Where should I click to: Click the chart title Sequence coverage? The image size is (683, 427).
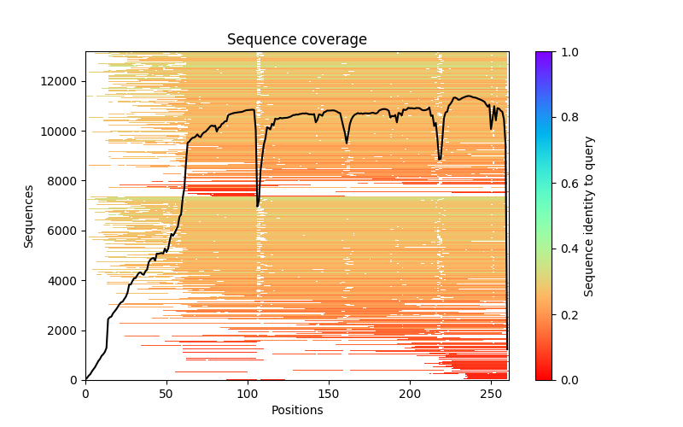pos(296,40)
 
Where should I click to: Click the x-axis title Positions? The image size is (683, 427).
pos(296,410)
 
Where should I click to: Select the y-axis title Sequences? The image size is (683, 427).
pos(29,216)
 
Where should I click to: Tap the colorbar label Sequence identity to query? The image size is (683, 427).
pos(589,216)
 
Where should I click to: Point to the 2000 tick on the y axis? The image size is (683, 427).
pos(61,330)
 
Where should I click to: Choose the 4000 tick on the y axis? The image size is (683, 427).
pos(61,281)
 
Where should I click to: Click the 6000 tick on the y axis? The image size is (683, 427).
pos(61,231)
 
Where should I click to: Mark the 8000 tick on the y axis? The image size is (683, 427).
pos(61,181)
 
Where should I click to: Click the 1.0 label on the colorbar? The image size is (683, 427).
pos(567,52)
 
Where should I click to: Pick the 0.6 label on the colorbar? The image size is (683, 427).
pos(567,184)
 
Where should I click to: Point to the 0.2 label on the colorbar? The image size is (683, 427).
pos(567,315)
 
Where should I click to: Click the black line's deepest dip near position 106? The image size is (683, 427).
pos(257,206)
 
